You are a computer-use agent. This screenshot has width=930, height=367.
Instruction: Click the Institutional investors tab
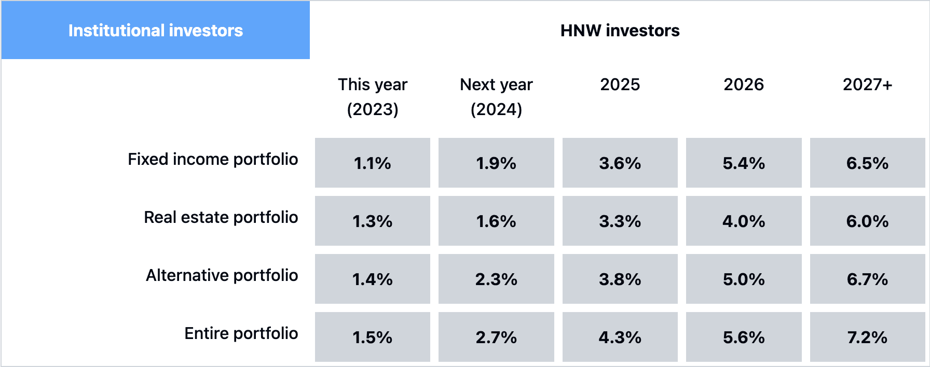tap(155, 30)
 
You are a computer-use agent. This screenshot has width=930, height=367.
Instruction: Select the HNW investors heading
tap(620, 31)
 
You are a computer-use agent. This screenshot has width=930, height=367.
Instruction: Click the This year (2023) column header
tap(373, 96)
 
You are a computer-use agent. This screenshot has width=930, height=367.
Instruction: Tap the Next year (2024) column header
tap(496, 96)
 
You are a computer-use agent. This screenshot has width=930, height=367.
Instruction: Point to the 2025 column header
tap(620, 84)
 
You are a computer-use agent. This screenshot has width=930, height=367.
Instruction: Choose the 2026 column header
tap(744, 84)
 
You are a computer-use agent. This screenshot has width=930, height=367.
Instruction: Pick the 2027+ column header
tap(867, 84)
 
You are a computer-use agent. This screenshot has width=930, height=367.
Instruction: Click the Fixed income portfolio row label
tap(213, 159)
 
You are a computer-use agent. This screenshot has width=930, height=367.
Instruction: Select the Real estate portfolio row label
tap(221, 217)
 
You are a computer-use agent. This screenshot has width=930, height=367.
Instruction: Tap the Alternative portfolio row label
tap(222, 275)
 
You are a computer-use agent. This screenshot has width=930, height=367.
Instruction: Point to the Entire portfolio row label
tap(241, 333)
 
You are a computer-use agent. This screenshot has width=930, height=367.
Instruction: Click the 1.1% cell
tap(373, 163)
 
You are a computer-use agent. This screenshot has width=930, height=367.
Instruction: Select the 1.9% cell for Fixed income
tap(496, 163)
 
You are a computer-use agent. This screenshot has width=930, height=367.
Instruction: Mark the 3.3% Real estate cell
tap(620, 221)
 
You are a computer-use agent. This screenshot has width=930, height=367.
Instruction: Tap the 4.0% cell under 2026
tap(744, 221)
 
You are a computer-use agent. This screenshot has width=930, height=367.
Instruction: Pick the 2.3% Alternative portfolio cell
tap(496, 279)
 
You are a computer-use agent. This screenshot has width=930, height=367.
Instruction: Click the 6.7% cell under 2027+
tap(868, 279)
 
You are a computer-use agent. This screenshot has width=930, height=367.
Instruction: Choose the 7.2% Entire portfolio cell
tap(868, 337)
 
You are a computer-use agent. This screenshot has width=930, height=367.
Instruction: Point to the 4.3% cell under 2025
tap(620, 337)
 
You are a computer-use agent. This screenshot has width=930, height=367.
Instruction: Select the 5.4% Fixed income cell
tap(744, 163)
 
